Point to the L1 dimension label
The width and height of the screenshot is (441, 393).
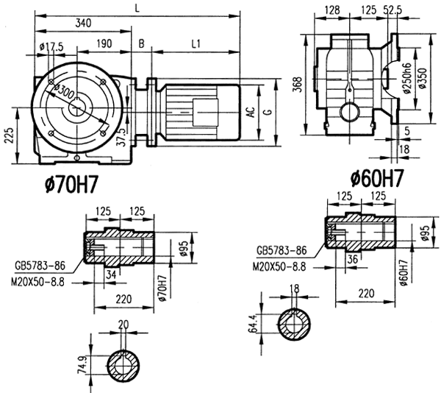click(196, 44)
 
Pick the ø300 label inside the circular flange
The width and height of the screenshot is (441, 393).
click(64, 91)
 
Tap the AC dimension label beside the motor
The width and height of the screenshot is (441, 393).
click(250, 112)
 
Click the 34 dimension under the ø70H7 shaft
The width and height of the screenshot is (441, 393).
click(111, 275)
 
